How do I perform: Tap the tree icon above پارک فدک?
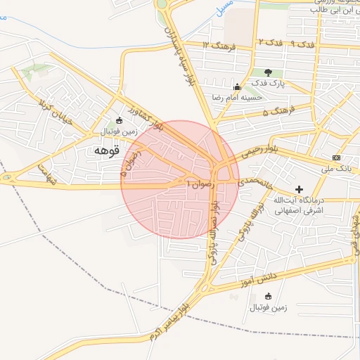(267, 72)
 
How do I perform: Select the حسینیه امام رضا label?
(238, 98)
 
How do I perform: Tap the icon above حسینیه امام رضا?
(237, 87)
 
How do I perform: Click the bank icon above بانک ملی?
(337, 157)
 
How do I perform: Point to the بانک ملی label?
(337, 169)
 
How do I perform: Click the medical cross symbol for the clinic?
(300, 189)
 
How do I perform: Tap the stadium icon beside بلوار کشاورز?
(119, 120)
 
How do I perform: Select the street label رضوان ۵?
(129, 165)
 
